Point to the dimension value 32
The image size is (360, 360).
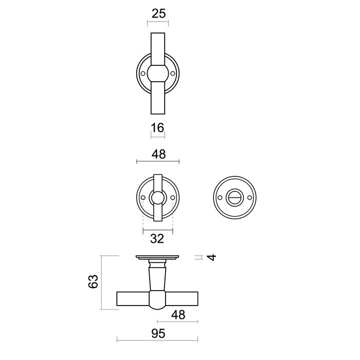click(x=157, y=238)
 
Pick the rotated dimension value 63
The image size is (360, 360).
click(x=93, y=282)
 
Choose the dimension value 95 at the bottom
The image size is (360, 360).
click(x=158, y=334)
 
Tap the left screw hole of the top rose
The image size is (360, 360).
click(x=142, y=74)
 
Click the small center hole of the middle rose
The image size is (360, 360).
click(x=158, y=198)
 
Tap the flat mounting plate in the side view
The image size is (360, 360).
click(x=158, y=257)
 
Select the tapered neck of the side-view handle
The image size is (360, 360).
click(x=158, y=275)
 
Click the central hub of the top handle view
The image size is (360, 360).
click(x=158, y=74)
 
